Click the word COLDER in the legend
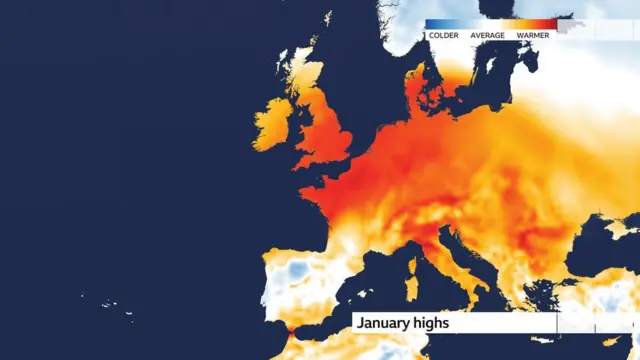[445, 35]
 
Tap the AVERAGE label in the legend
[488, 35]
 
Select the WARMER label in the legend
[532, 35]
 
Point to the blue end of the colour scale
[432, 24]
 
